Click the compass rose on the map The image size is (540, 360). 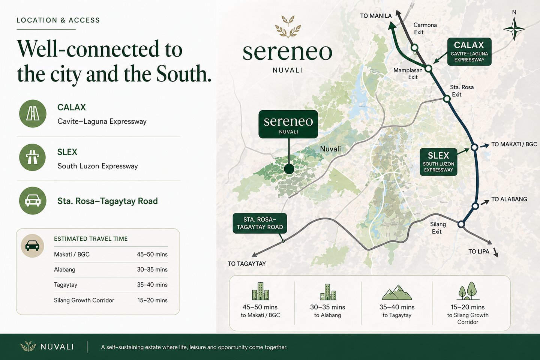pyautogui.click(x=514, y=29)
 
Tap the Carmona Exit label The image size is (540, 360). pyautogui.click(x=424, y=28)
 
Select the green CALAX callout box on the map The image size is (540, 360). pyautogui.click(x=469, y=52)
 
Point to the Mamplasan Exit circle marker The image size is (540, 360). pyautogui.click(x=429, y=69)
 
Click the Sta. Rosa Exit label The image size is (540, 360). pyautogui.click(x=461, y=91)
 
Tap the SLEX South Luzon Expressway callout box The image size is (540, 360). pyautogui.click(x=438, y=162)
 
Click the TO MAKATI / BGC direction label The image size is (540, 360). pyautogui.click(x=514, y=144)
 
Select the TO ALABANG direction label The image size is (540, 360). pyautogui.click(x=509, y=199)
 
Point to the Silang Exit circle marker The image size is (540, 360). pyautogui.click(x=461, y=224)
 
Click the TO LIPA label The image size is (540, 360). pyautogui.click(x=478, y=252)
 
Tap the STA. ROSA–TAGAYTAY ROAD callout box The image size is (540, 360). pyautogui.click(x=259, y=223)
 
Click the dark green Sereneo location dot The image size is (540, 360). pyautogui.click(x=289, y=169)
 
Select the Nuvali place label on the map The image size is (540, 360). pyautogui.click(x=330, y=149)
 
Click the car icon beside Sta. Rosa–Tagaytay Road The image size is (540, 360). pyautogui.click(x=33, y=201)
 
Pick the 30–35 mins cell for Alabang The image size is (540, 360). pyautogui.click(x=152, y=270)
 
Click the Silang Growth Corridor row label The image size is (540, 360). pyautogui.click(x=84, y=300)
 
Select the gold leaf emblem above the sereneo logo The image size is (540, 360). pyautogui.click(x=288, y=27)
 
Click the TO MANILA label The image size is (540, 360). pyautogui.click(x=376, y=16)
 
